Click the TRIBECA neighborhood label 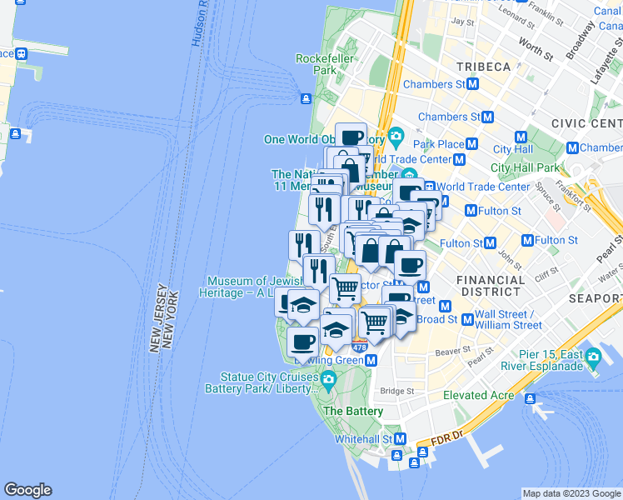tap(482, 66)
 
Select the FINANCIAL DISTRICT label tap(491, 287)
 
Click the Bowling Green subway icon tap(371, 360)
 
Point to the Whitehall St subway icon tap(400, 439)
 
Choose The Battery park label tap(353, 412)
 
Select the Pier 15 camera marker tap(593, 359)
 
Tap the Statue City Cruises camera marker tap(327, 382)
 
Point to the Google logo tap(27, 490)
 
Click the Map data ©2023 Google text tap(571, 493)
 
